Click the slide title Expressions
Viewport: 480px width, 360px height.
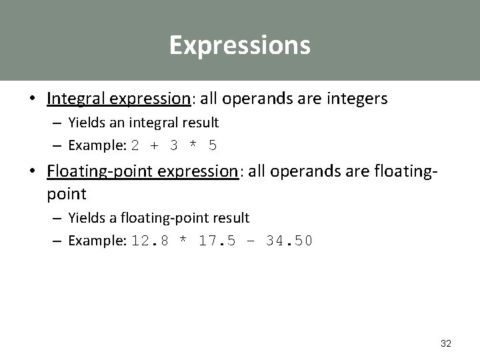[239, 45]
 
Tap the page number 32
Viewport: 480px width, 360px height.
[446, 343]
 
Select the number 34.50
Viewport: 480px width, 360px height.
[288, 241]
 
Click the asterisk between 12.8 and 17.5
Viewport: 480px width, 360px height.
[182, 241]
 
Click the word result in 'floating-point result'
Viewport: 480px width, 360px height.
[233, 217]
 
